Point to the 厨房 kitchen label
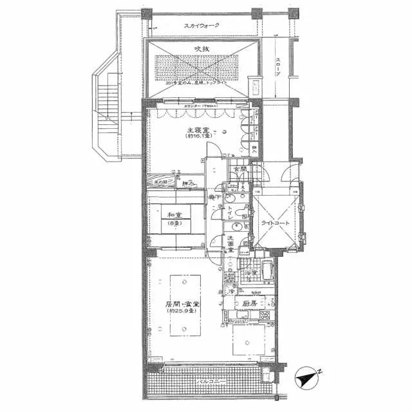[249, 303]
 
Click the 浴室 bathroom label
[251, 274]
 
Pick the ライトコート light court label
[276, 223]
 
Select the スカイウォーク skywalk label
[201, 26]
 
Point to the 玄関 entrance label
[239, 169]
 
